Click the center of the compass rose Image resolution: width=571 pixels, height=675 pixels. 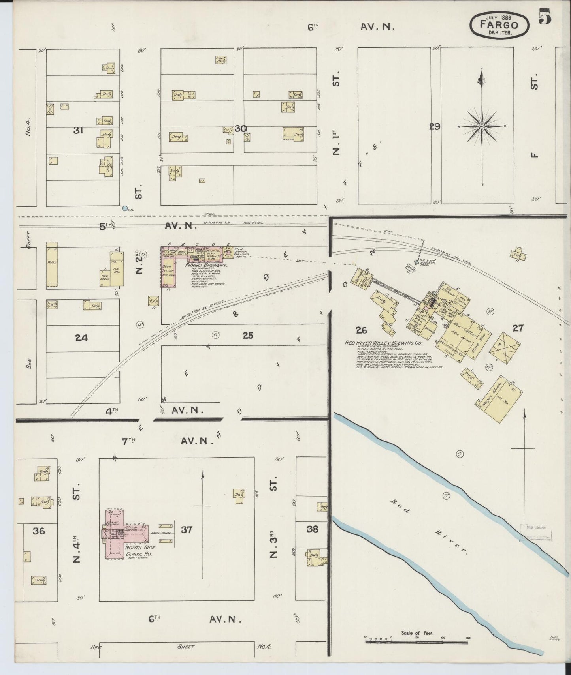[482, 126]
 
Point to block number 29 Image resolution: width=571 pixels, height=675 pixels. [435, 127]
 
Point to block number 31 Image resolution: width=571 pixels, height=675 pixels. [78, 130]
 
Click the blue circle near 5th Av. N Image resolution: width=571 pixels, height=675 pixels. [125, 208]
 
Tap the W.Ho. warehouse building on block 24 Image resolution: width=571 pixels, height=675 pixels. [51, 264]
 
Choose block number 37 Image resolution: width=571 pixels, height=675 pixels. [187, 529]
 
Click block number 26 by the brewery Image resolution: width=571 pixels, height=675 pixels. [361, 330]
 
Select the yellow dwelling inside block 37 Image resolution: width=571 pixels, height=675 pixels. [238, 496]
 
